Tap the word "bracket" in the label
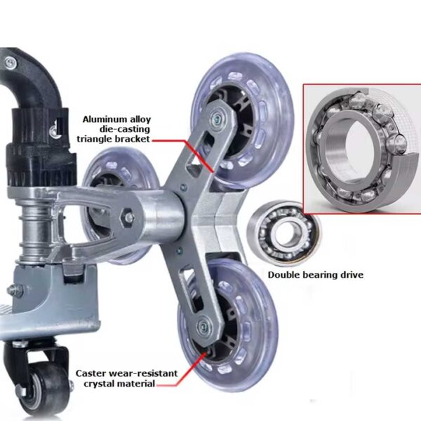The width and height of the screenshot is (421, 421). (133, 139)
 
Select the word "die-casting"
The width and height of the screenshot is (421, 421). (125, 129)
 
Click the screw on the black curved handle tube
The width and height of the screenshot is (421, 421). (11, 62)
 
